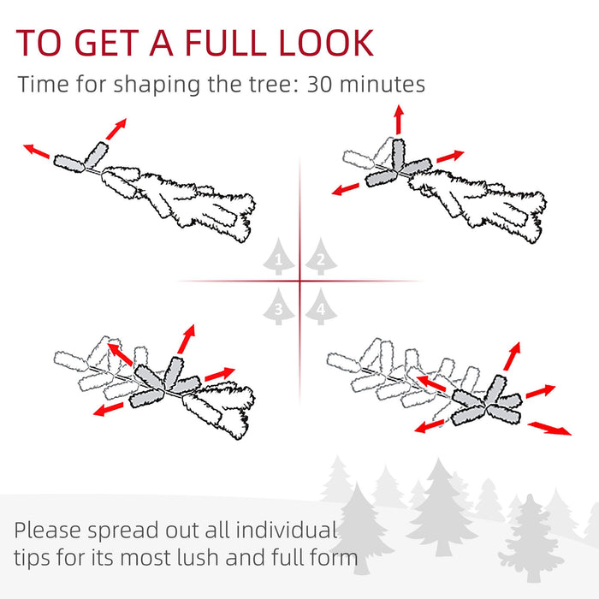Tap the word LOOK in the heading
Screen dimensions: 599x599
coord(326,43)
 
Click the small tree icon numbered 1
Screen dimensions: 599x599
coord(279,256)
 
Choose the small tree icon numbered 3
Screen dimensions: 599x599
coord(279,306)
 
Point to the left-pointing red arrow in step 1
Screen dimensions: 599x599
coord(37,151)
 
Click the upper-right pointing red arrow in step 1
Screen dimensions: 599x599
coord(115,127)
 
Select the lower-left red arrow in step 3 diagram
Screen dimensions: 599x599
coord(108,410)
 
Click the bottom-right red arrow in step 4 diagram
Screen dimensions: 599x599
coord(549,427)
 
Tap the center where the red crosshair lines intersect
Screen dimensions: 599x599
coord(299,281)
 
